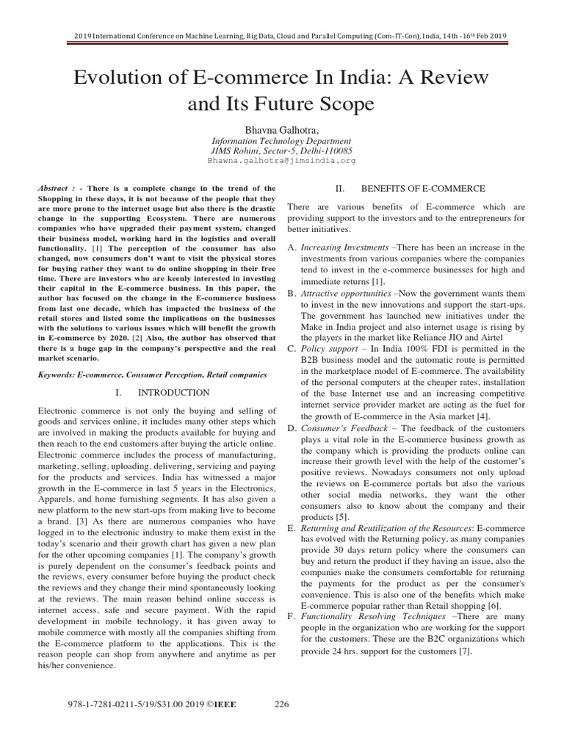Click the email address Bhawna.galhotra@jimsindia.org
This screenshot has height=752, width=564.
tap(281, 159)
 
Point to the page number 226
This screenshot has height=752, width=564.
tap(282, 705)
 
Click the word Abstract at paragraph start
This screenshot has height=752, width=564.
tap(57, 188)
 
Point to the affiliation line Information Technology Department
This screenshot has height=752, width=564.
tap(281, 140)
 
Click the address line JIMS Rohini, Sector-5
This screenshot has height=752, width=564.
tap(281, 150)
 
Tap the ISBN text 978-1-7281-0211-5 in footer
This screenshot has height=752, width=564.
tap(103, 705)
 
